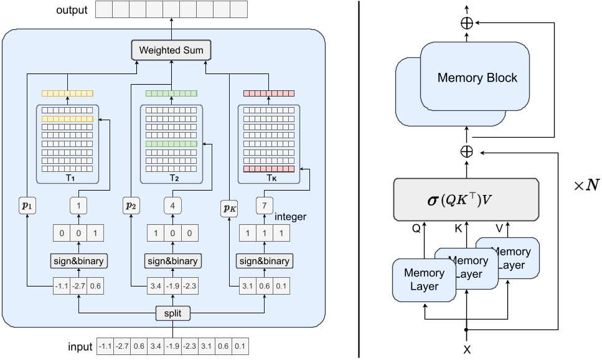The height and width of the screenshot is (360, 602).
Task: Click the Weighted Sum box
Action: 171,50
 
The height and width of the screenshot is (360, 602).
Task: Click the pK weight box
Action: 230,207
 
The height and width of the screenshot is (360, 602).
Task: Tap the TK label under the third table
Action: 269,178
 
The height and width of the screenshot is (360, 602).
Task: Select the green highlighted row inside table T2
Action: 171,144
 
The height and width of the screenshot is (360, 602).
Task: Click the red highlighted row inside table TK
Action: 269,169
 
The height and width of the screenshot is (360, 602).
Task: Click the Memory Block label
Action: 477,78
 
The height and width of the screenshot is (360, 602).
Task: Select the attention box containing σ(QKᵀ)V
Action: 466,199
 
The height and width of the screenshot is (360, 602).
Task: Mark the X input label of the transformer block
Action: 467,349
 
